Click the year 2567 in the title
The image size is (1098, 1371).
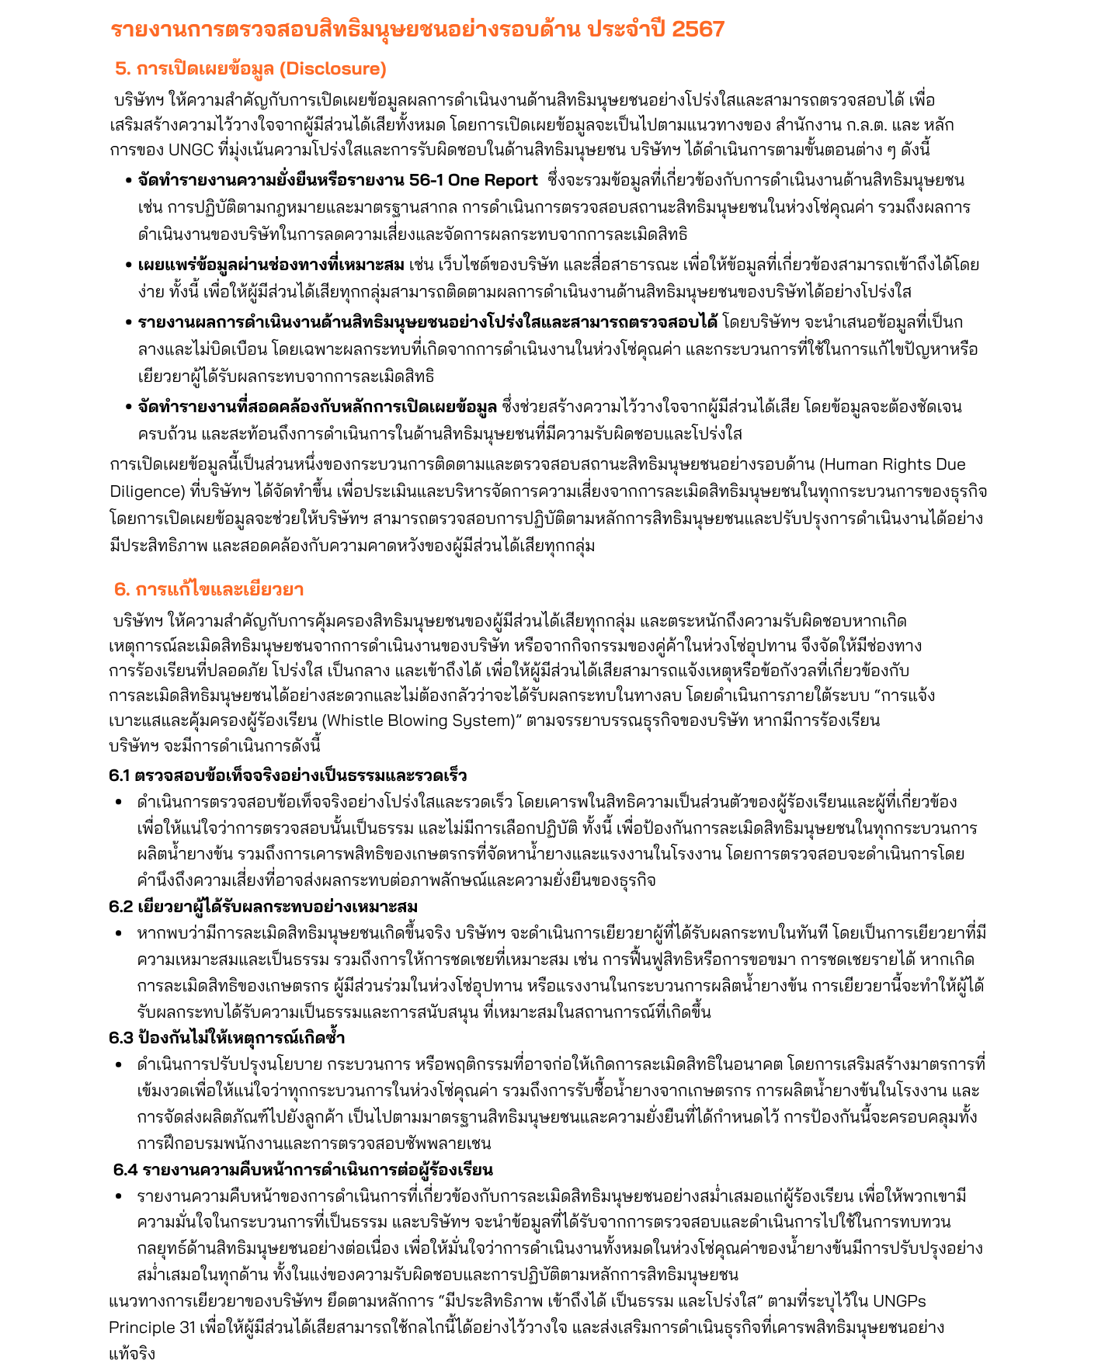697,30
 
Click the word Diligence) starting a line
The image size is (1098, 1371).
146,491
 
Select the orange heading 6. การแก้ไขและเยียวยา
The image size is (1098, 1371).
208,588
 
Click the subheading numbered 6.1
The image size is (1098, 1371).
287,775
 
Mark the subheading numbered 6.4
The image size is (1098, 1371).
303,1169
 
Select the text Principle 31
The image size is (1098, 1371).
152,1327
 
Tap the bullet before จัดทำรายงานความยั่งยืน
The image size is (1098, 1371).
128,181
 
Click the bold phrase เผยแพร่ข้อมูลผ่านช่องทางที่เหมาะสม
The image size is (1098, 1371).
271,265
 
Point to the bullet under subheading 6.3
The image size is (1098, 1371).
119,1065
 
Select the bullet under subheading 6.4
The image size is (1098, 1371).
119,1196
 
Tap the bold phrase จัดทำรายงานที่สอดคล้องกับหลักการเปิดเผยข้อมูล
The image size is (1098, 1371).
317,406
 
